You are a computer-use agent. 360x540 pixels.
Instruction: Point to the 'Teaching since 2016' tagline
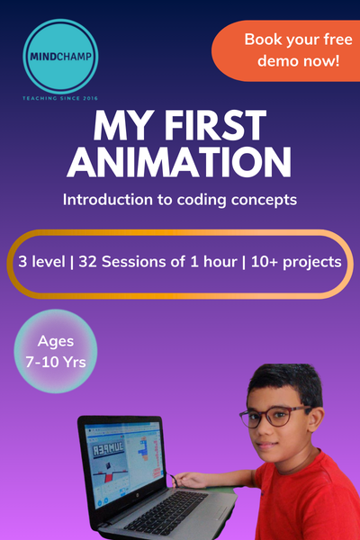pos(61,95)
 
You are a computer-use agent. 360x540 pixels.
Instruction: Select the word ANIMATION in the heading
pos(180,163)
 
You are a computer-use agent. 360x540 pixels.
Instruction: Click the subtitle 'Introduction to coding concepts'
pos(180,198)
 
